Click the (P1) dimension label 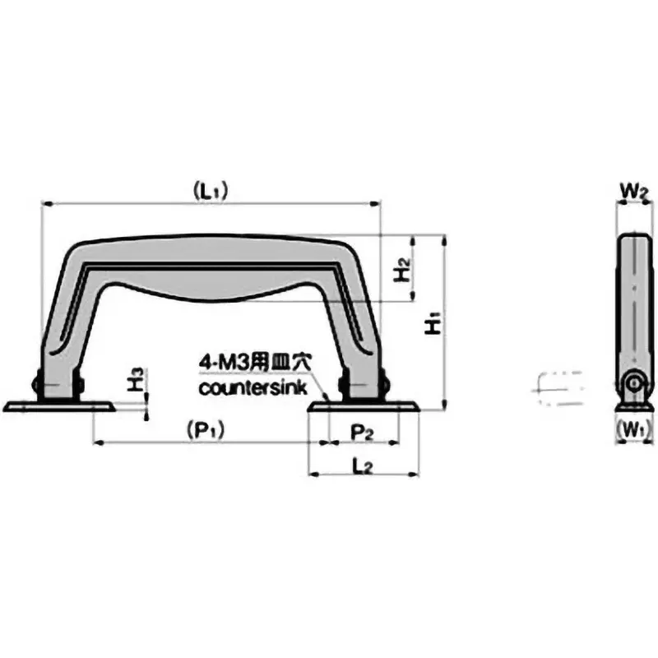206,429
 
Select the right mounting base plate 364,405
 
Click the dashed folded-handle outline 558,386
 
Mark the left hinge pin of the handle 37,384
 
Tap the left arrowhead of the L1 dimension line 46,202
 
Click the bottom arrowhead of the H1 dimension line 444,404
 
